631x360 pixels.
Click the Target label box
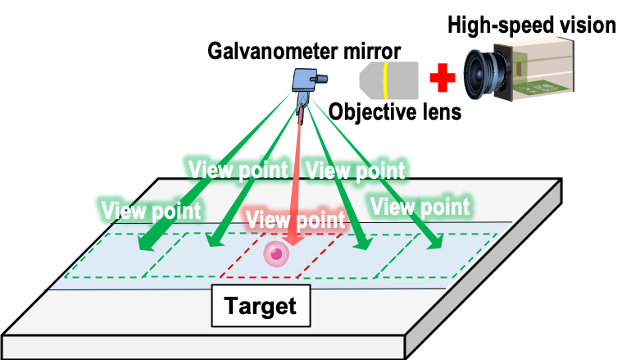pos(261,307)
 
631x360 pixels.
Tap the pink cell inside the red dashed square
pos(277,254)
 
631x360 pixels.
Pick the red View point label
pos(295,219)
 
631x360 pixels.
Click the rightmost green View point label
pos(420,205)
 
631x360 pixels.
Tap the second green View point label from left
pos(238,170)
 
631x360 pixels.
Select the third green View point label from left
pos(354,170)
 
